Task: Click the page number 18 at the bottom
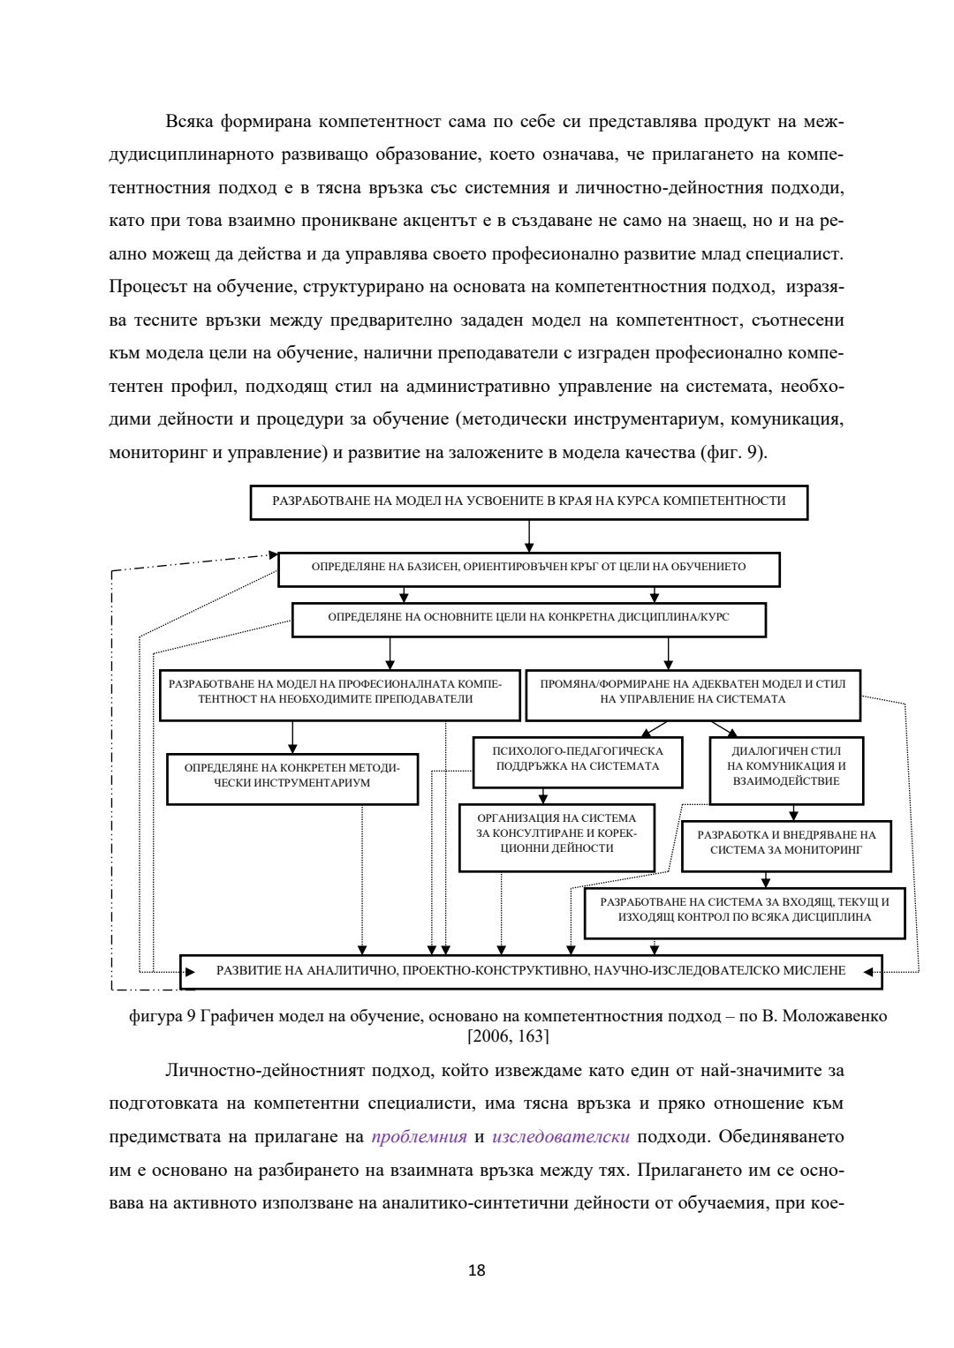point(476,1271)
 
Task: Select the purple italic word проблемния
point(419,1136)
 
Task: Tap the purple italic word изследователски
point(560,1136)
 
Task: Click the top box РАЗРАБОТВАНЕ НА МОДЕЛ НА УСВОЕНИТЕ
point(528,501)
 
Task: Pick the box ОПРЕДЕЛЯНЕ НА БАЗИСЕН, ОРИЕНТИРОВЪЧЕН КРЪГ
point(528,568)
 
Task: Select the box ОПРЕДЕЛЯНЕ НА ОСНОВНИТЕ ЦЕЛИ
point(528,618)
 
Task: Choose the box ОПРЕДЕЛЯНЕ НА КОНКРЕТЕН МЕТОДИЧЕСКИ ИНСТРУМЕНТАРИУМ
point(292,777)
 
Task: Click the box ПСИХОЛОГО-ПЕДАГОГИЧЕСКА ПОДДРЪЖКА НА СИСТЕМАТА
point(578,760)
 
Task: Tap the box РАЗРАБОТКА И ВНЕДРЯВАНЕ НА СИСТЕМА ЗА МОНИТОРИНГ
point(786,843)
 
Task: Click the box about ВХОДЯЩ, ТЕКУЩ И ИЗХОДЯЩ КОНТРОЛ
point(745,910)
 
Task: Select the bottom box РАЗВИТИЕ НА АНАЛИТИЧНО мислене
point(531,971)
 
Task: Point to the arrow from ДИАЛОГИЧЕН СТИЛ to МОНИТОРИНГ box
point(793,812)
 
